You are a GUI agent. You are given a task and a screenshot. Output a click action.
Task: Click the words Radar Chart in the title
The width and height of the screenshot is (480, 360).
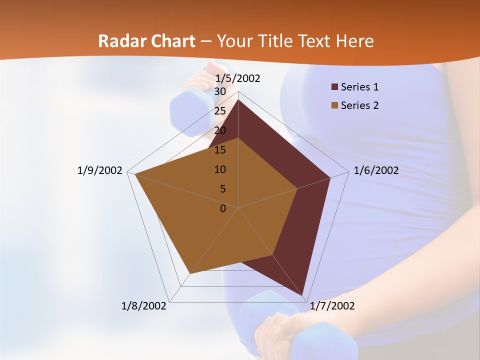pos(146,41)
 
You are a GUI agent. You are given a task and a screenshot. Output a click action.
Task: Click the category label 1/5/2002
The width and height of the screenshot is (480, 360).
pos(237,78)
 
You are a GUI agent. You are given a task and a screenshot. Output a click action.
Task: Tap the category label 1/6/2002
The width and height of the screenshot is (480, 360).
pos(376,170)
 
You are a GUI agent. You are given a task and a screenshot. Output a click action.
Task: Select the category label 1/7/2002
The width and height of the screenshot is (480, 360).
pos(332,306)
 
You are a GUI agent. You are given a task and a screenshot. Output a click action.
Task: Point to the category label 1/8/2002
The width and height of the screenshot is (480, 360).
pos(144,306)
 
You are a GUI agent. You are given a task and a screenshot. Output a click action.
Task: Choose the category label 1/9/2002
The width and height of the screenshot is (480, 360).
pos(100,170)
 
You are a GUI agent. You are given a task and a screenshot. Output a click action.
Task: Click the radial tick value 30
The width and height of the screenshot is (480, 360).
pos(220,91)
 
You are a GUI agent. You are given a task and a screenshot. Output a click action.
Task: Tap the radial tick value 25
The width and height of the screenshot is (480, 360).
pos(220,111)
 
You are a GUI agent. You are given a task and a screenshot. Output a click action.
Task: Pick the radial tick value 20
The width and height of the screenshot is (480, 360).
pos(220,130)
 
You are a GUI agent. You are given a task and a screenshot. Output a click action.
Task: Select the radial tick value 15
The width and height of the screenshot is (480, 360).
pos(220,150)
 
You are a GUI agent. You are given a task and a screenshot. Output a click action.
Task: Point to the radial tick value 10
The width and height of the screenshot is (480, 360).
pos(220,169)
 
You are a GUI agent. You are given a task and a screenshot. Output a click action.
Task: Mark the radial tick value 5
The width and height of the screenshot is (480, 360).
pos(222,189)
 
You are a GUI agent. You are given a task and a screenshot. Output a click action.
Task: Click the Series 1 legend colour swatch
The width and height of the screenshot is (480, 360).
pos(334,87)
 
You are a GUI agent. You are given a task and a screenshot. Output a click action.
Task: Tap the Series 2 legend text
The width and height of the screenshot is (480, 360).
pos(359,105)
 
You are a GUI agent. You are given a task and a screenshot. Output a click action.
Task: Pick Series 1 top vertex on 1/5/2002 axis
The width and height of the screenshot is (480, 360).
pos(238,99)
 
